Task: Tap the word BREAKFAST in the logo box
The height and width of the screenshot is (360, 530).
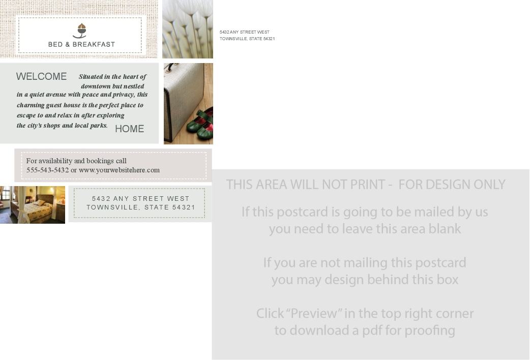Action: coord(94,44)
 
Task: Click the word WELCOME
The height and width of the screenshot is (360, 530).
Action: coord(41,76)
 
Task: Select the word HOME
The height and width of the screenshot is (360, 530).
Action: coord(130,129)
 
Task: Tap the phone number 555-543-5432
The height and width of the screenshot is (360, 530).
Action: coord(48,170)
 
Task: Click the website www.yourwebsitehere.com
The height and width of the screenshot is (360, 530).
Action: coord(120,170)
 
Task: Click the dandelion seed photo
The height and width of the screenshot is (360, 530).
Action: coord(188,29)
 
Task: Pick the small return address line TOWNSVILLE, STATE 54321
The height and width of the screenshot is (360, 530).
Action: coord(247,39)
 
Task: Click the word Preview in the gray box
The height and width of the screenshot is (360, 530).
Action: coord(314,313)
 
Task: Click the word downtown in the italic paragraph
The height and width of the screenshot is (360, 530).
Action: coord(96,86)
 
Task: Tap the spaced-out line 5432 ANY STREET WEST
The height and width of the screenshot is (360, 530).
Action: coord(140,199)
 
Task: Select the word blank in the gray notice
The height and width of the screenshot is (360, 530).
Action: coord(445,229)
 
